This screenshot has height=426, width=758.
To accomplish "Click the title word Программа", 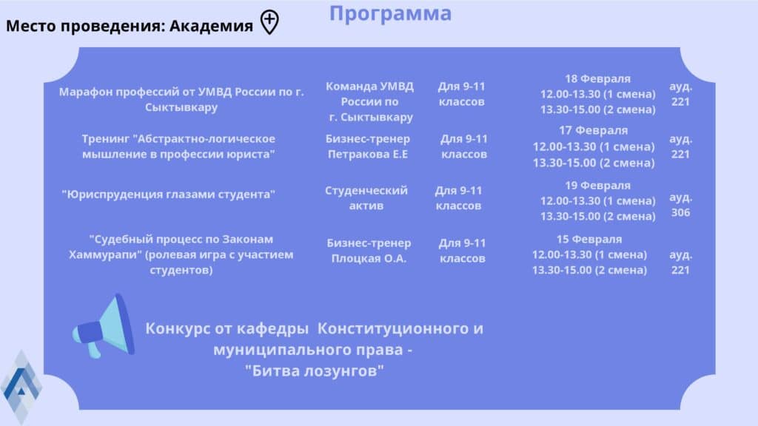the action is point(390,14).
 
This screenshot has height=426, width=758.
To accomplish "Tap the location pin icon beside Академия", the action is point(269,22).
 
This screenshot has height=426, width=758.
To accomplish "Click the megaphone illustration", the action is point(104,326).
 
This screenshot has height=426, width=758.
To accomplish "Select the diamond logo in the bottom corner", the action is point(21,386).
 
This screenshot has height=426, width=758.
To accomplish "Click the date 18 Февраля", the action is point(597,78).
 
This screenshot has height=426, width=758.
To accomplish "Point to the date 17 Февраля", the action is point(593,130).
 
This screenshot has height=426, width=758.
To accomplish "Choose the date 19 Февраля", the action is point(597,186).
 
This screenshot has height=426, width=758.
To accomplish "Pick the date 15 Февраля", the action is point(588,239).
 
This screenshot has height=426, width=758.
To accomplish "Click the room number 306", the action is point(681,212).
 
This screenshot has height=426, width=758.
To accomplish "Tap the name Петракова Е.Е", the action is point(368,154).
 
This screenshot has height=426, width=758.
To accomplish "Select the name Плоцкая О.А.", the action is point(369,258).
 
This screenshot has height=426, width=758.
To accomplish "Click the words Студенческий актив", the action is point(366,198).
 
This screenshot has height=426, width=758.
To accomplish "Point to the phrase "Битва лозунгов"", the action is point(314,371).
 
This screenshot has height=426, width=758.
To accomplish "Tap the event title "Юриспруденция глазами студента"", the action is point(168,195).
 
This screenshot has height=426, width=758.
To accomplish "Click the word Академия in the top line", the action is point(211,26).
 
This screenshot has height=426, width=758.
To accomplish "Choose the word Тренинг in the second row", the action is point(106,139).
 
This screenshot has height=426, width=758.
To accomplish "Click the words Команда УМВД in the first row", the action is point(370,87).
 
